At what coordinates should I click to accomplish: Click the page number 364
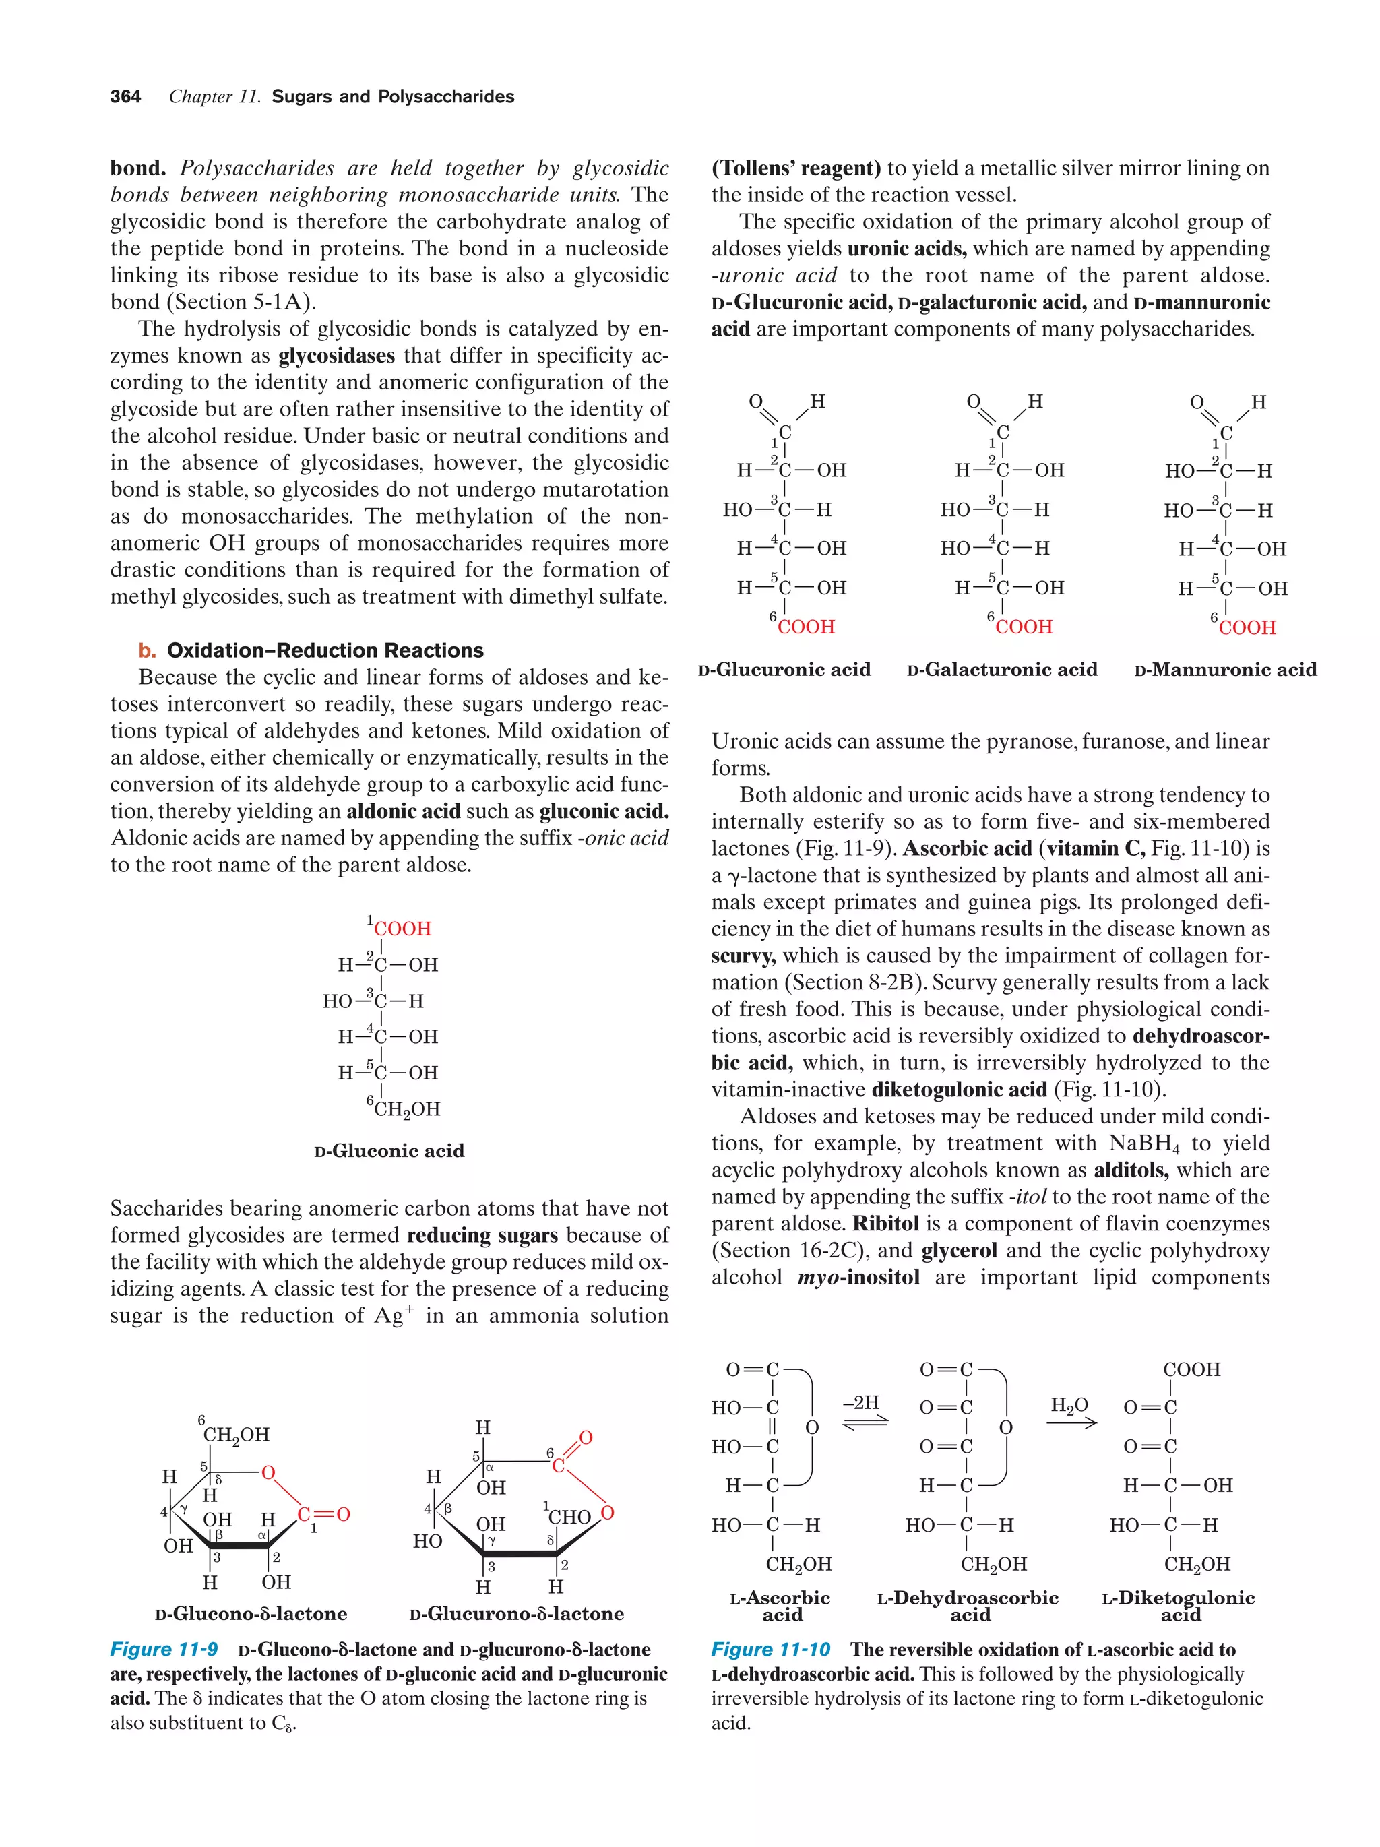pos(125,97)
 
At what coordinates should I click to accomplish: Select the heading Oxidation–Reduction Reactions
pos(325,650)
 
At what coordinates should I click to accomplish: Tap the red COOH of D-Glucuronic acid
pos(805,627)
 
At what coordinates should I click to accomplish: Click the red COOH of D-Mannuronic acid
pos(1247,628)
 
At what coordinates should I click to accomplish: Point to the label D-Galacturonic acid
pos(1002,670)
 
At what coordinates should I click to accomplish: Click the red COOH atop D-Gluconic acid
pos(402,929)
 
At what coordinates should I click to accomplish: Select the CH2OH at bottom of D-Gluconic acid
pos(406,1109)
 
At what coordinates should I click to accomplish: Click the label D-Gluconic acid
pos(389,1151)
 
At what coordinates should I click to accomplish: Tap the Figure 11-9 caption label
pos(164,1649)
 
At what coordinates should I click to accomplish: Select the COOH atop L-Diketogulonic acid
pos(1191,1369)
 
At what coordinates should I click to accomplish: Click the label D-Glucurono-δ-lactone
pos(516,1614)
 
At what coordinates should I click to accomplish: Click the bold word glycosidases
pos(336,356)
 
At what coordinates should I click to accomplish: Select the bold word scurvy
pos(743,956)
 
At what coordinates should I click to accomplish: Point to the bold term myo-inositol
pos(858,1278)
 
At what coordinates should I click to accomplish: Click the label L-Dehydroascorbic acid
pos(968,1606)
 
